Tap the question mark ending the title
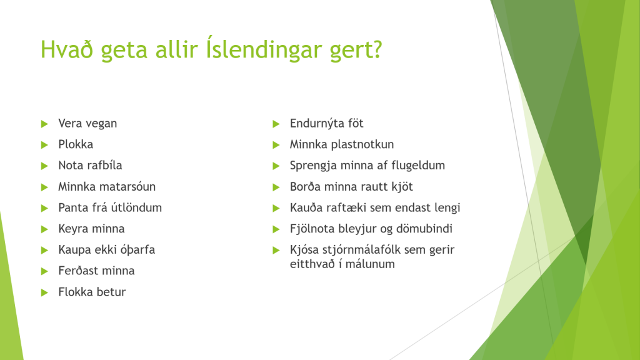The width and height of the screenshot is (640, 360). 376,49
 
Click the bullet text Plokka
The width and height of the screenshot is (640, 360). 76,144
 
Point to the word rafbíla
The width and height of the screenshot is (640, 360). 104,165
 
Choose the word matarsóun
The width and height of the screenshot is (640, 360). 127,186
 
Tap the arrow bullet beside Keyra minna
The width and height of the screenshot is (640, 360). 44,229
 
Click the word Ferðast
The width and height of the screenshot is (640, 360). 76,271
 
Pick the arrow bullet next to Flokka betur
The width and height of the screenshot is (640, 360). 44,292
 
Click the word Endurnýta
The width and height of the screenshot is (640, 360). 315,123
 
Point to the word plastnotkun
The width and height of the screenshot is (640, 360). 362,144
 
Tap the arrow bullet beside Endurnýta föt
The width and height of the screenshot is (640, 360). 276,124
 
